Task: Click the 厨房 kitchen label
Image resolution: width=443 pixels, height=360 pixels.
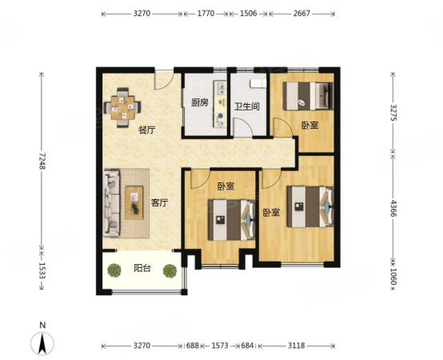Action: click(200, 102)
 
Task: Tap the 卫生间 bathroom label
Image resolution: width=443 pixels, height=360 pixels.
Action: click(247, 106)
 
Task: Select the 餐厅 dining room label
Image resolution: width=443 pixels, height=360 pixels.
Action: click(146, 130)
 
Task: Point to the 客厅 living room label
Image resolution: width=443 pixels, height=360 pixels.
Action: click(160, 202)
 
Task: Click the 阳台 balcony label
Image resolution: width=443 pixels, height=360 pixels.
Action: click(142, 268)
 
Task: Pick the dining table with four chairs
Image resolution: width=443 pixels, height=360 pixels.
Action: click(122, 108)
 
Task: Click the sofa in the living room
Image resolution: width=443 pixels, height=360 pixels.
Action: click(112, 203)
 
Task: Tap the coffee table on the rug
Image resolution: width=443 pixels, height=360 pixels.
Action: click(134, 202)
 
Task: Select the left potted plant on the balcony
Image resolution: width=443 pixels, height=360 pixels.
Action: click(114, 270)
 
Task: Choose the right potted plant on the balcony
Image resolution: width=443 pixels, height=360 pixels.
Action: click(170, 270)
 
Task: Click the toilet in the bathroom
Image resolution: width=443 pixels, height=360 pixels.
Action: click(258, 83)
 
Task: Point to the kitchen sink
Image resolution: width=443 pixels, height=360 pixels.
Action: click(221, 87)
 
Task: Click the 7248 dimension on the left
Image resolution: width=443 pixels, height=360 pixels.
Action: click(42, 161)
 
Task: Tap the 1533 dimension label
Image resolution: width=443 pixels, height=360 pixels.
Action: click(42, 270)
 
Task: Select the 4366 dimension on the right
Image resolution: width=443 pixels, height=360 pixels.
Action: click(393, 208)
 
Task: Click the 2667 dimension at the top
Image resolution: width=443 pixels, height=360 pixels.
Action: click(301, 14)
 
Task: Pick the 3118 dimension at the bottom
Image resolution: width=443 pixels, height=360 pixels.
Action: click(297, 346)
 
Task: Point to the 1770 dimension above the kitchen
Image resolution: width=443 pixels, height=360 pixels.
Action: click(206, 14)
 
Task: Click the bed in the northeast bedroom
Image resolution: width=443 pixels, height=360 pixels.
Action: click(308, 96)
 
